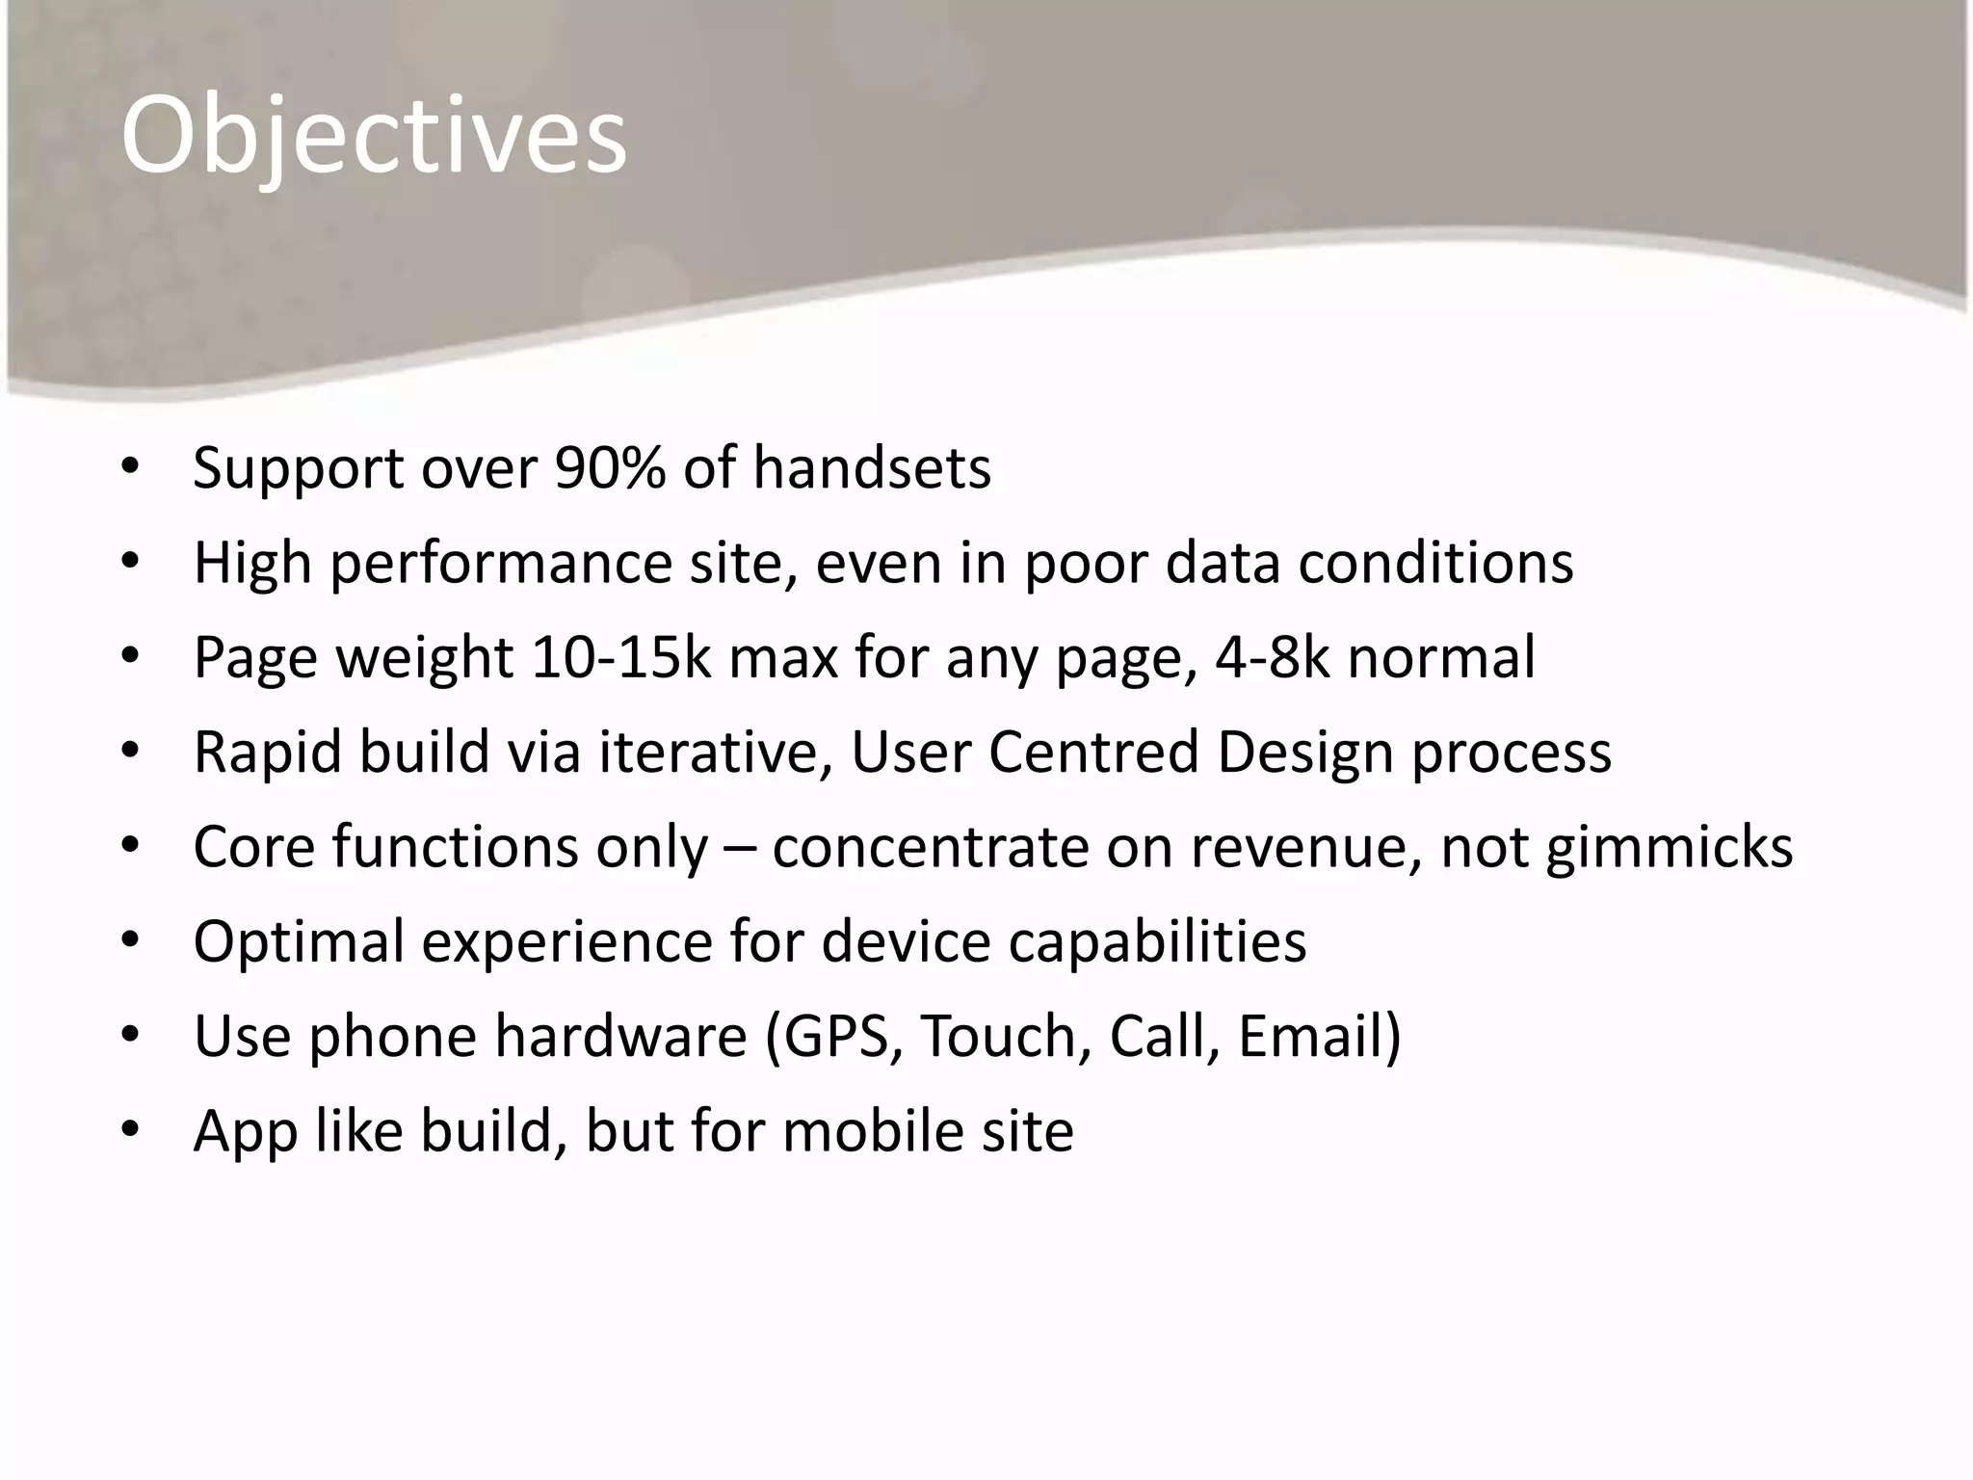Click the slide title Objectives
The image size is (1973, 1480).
(374, 137)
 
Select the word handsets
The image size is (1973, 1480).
(871, 468)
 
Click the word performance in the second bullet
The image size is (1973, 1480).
(500, 564)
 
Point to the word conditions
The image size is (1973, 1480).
(1435, 563)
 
